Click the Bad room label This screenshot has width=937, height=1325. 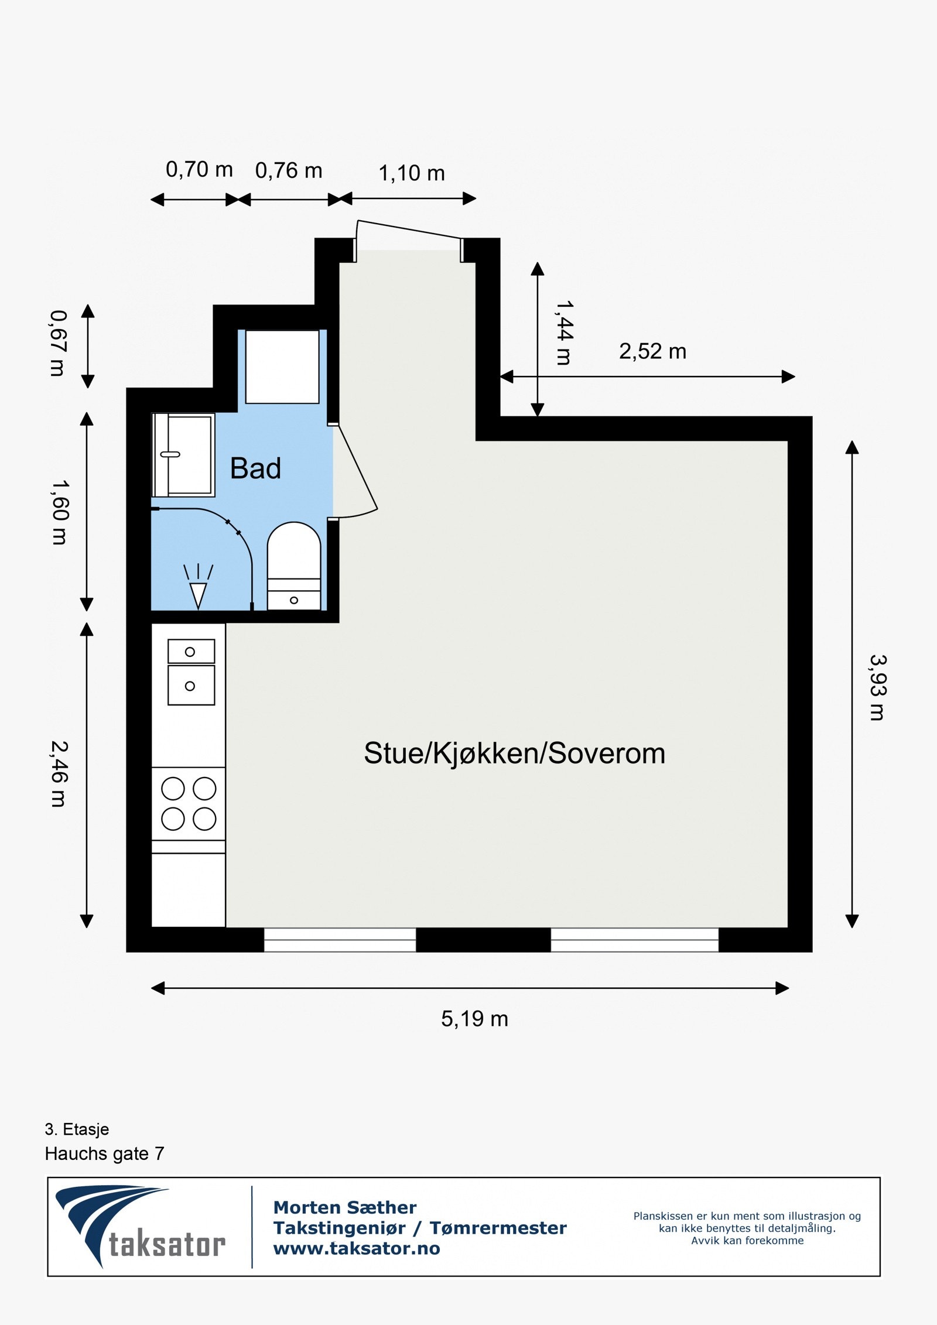pyautogui.click(x=255, y=468)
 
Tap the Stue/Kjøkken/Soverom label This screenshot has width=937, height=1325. pyautogui.click(x=514, y=754)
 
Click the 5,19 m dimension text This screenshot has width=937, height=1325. pyautogui.click(x=474, y=1019)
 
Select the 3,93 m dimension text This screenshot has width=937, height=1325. pyautogui.click(x=877, y=687)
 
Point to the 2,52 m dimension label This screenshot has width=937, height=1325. pyautogui.click(x=652, y=351)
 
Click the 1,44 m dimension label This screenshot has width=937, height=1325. pyautogui.click(x=564, y=333)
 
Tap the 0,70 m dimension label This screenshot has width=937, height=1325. pyautogui.click(x=199, y=170)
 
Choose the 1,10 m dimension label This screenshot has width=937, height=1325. pyautogui.click(x=412, y=173)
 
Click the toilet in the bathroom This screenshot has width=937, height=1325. pyautogui.click(x=294, y=565)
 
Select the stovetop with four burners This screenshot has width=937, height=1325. pyautogui.click(x=189, y=804)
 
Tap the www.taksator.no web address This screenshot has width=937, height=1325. pyautogui.click(x=357, y=1248)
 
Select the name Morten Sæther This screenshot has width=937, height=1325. pyautogui.click(x=345, y=1207)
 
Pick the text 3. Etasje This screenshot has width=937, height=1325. pyautogui.click(x=77, y=1129)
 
